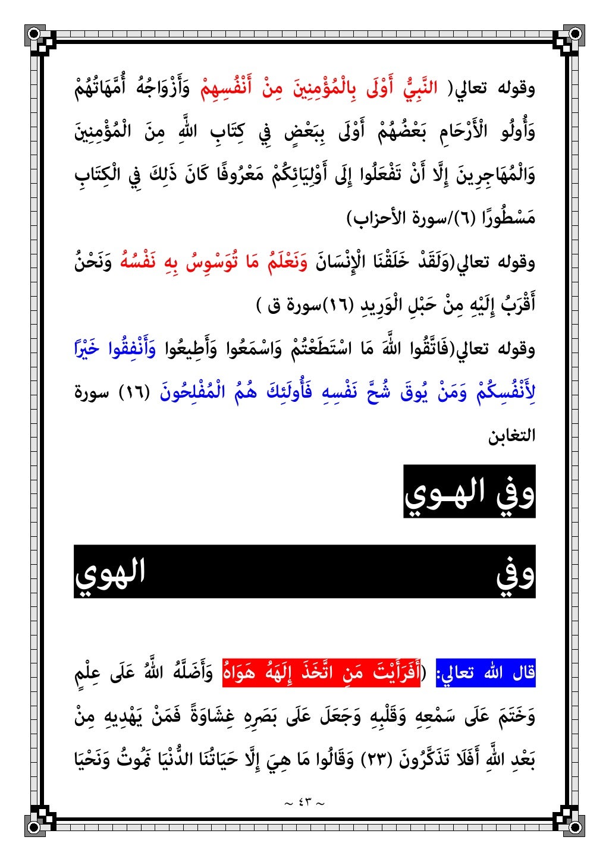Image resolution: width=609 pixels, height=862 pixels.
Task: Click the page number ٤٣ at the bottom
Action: coord(304,803)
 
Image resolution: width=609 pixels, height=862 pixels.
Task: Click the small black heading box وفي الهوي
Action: coord(469,492)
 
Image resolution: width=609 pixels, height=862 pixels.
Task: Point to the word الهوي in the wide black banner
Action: coord(110,572)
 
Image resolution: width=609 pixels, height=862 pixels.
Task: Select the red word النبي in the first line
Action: coord(420,89)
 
